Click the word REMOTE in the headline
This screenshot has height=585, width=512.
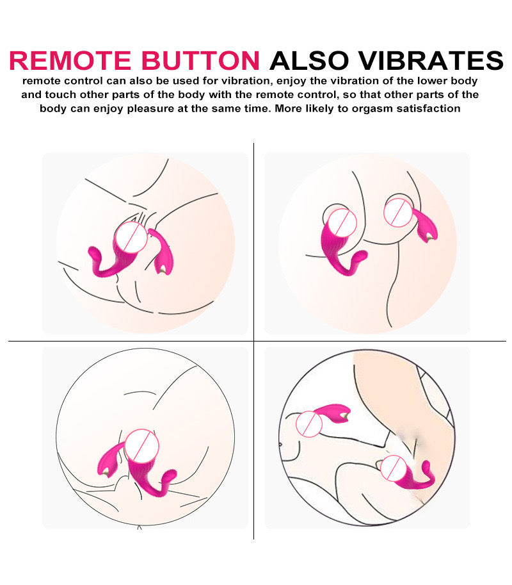click(70, 60)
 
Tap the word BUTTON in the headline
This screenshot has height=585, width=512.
click(200, 60)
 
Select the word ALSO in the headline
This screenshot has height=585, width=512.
click(309, 60)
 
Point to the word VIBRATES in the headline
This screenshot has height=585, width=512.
click(430, 60)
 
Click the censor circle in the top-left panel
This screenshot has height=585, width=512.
click(131, 237)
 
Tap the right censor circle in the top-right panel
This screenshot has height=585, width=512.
click(398, 213)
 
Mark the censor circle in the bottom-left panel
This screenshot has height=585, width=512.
click(142, 447)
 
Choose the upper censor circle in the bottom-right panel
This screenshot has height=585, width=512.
click(309, 424)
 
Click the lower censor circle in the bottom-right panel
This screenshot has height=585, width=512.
click(394, 468)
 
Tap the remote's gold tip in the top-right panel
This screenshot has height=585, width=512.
click(429, 236)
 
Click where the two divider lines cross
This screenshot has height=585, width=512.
click(254, 341)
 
